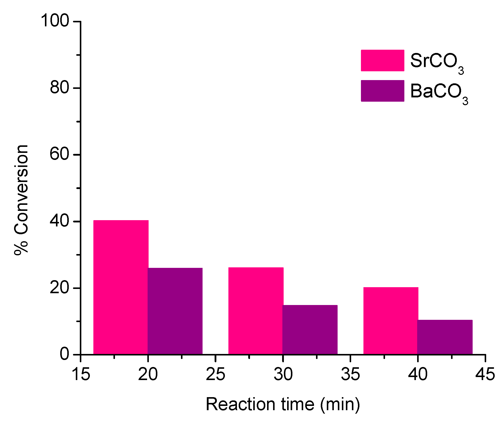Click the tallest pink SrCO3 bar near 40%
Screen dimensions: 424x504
coord(121,287)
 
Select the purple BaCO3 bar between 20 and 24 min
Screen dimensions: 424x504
coord(175,311)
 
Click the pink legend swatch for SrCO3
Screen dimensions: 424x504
coord(382,60)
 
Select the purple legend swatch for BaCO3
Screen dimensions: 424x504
coord(382,91)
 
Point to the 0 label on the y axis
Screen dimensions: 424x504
coord(64,354)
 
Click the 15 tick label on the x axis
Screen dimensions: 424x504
coord(81,374)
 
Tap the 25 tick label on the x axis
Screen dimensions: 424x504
coord(216,374)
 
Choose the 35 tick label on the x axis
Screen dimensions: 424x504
coord(350,374)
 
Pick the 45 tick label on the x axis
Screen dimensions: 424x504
coord(485,374)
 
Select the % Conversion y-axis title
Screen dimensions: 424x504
coord(22,200)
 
